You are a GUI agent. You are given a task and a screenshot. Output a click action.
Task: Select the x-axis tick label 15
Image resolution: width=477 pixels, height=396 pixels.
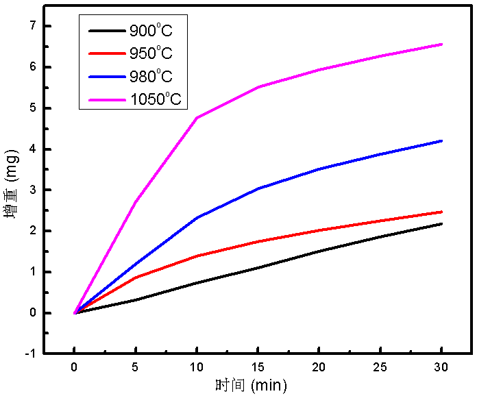coord(258,367)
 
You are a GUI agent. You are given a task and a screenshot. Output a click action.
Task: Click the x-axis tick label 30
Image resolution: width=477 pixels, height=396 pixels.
coord(441,367)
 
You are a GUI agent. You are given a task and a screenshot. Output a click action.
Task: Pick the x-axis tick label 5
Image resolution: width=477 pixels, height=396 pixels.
coord(136,367)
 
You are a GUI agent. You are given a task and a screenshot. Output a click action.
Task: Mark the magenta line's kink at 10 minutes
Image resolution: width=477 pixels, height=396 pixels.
coord(197,118)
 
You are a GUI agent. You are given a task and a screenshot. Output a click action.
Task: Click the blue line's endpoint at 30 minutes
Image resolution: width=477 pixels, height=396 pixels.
coord(442,140)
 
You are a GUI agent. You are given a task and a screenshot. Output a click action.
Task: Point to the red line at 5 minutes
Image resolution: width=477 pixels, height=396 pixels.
coord(136,277)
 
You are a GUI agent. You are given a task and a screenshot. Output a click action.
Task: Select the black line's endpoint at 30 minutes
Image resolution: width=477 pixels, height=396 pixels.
coord(442,223)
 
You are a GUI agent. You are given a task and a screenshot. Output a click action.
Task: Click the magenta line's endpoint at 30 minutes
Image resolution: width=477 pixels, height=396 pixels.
coord(442,44)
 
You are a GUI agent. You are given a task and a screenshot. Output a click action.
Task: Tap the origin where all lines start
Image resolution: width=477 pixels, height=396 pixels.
coord(75,313)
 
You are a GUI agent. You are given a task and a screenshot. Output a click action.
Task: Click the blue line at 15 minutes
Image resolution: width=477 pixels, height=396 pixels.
coord(258,188)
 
